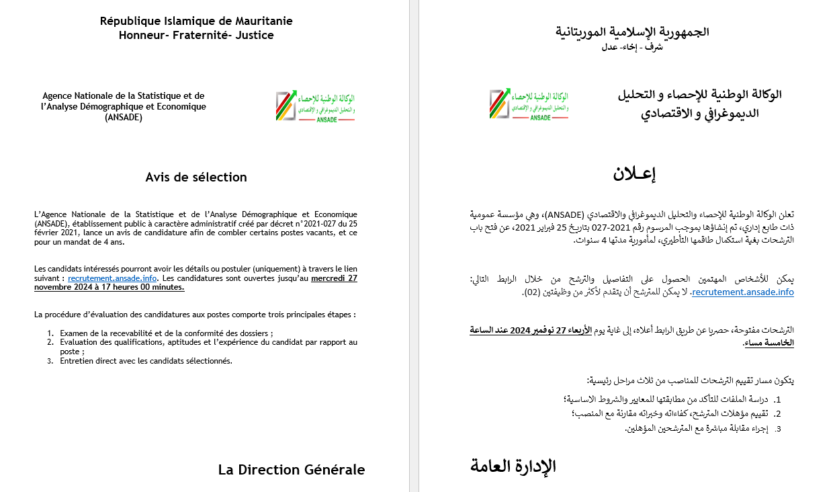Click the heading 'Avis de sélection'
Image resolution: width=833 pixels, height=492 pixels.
[x=196, y=177]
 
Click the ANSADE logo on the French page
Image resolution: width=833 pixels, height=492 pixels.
[x=315, y=106]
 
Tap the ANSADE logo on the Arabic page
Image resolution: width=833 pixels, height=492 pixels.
[x=529, y=104]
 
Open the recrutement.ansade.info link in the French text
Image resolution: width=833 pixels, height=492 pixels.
[x=112, y=278]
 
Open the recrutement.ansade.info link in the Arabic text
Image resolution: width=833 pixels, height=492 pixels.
[x=742, y=292]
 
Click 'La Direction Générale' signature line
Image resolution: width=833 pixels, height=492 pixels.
[x=291, y=470]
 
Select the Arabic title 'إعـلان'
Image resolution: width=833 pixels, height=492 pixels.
[x=633, y=173]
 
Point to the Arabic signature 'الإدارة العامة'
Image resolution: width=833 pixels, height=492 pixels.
[x=513, y=466]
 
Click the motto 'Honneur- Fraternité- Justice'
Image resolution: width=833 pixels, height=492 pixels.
[x=196, y=35]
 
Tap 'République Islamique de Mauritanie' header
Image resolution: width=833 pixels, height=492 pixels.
[x=196, y=21]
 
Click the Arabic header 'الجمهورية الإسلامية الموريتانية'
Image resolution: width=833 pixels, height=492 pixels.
[x=632, y=32]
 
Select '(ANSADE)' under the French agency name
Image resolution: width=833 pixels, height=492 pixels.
[x=124, y=117]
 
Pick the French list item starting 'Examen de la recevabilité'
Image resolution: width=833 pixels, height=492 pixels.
[x=166, y=333]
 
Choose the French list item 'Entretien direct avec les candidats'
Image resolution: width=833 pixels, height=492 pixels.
[x=146, y=360]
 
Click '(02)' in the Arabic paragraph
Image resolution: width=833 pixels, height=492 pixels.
[x=530, y=292]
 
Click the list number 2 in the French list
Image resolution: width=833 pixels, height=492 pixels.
[x=50, y=342]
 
